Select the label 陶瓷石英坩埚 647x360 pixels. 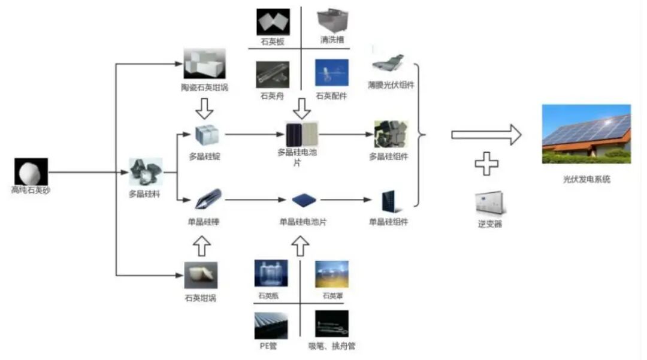click(x=204, y=87)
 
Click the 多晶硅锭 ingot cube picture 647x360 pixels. click(x=207, y=135)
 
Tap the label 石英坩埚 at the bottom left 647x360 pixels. click(x=201, y=298)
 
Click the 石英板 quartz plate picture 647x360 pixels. click(x=273, y=22)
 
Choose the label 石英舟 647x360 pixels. click(x=272, y=96)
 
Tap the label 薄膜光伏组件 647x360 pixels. click(x=391, y=84)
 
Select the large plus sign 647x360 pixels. click(x=486, y=163)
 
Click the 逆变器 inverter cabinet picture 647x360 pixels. click(x=489, y=203)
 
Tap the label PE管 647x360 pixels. click(x=268, y=346)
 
